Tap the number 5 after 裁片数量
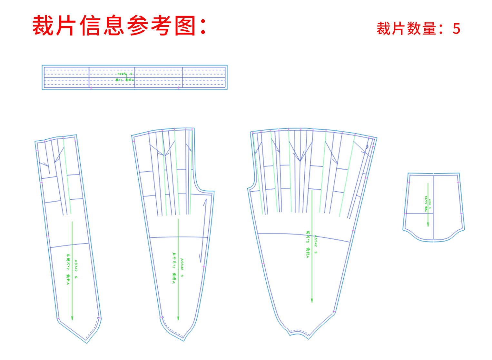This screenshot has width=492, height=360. point(456,29)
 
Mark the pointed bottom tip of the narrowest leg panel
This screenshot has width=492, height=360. point(87,342)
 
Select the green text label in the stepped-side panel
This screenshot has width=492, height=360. point(178,268)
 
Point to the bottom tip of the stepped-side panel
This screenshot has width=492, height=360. point(184,339)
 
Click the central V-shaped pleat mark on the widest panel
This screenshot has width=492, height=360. point(300,160)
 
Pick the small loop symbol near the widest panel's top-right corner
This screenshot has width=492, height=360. point(367,147)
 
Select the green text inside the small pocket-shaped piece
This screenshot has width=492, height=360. point(428,203)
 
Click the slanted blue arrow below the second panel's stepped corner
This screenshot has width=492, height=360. point(203,229)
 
